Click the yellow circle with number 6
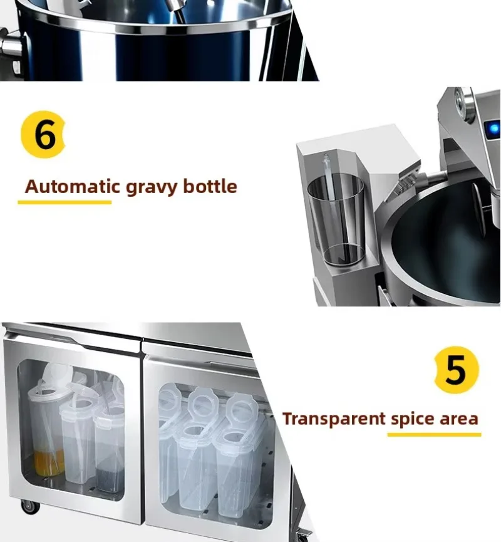pos(43,135)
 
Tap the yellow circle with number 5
pos(457,370)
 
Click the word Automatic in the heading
pos(73,186)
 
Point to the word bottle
pos(210,186)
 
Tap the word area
pos(459,419)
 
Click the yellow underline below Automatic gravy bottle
pos(65,202)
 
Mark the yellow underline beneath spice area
pos(435,434)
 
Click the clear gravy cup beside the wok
pos(336,219)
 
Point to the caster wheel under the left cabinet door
pos(29,507)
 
